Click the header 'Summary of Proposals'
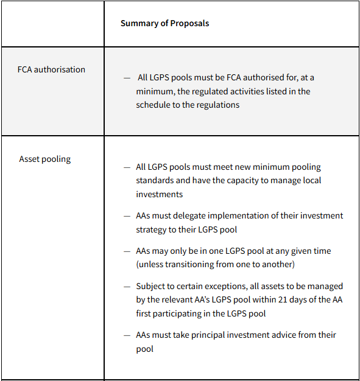point(164,23)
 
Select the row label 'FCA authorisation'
point(51,69)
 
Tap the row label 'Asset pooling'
point(44,159)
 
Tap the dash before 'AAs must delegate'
point(127,216)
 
